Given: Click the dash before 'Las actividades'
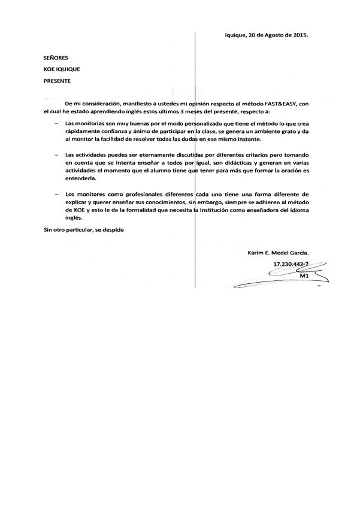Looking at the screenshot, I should click(x=56, y=155).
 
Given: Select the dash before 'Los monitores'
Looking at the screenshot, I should click(x=56, y=195).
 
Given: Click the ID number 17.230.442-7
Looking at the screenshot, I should click(x=291, y=264).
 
